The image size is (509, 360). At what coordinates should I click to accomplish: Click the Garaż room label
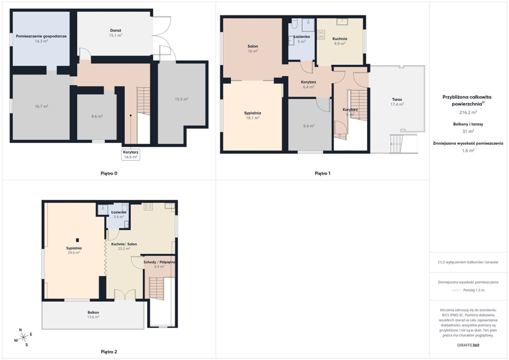coord(115,30)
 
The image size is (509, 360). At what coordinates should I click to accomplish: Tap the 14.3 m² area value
coord(41,41)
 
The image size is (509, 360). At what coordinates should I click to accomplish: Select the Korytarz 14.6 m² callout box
coord(131,155)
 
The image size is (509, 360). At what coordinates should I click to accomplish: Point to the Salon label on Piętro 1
coord(253,46)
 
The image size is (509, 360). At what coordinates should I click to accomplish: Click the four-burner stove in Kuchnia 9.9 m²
coord(321,35)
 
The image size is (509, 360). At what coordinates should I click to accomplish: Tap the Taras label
coord(397,99)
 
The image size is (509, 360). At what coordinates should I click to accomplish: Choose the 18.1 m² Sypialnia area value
coord(253,118)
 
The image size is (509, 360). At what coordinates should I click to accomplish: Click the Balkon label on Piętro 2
coord(93,312)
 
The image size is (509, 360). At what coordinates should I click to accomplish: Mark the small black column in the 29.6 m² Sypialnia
coord(78,240)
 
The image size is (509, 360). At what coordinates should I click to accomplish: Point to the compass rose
coord(23,337)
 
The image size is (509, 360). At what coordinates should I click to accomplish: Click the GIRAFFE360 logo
coord(468,345)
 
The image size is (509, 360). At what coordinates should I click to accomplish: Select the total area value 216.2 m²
coord(468,112)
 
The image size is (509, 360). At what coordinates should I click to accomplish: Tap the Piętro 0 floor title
coord(109,173)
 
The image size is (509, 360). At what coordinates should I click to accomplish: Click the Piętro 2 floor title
coord(109,352)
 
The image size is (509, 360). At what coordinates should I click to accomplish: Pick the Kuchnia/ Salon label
coord(124,244)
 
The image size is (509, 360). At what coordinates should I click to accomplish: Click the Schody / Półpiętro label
coord(159,262)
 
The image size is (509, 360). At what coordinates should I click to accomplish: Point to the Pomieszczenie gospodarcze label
coord(41,36)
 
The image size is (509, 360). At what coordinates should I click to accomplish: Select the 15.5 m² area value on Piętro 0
coord(182,99)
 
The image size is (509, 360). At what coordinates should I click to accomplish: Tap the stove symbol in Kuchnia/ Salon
coord(148,206)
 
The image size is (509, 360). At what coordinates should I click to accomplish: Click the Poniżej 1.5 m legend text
coord(474,290)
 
